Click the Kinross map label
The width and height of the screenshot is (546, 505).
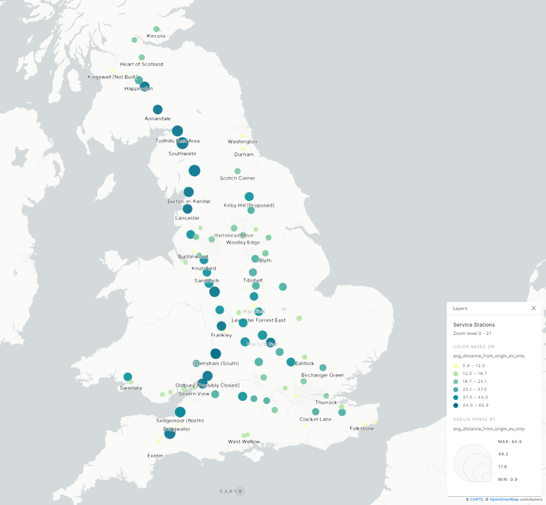click(156, 36)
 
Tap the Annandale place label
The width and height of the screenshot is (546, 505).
click(158, 119)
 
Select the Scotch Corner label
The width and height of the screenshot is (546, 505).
click(237, 178)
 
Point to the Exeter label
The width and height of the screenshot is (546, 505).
click(155, 456)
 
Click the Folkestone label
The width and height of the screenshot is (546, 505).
click(362, 429)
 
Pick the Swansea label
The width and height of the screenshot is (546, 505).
click(131, 388)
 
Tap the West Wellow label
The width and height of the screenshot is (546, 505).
click(244, 442)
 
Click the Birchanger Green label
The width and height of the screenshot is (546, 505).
click(322, 375)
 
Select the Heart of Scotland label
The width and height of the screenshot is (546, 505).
click(141, 64)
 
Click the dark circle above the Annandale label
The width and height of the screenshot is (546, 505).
click(158, 109)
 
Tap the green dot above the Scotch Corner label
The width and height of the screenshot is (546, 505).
click(238, 171)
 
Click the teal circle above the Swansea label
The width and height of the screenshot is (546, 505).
click(128, 377)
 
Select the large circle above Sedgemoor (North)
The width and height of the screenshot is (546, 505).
click(180, 412)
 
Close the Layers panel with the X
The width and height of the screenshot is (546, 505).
click(534, 308)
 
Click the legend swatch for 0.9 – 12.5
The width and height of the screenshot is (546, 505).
click(456, 366)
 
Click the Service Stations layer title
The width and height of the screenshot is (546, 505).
click(474, 325)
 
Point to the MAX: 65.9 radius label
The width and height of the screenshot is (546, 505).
click(510, 442)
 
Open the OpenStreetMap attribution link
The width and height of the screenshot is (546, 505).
click(504, 499)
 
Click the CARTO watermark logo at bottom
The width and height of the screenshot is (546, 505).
click(231, 491)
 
